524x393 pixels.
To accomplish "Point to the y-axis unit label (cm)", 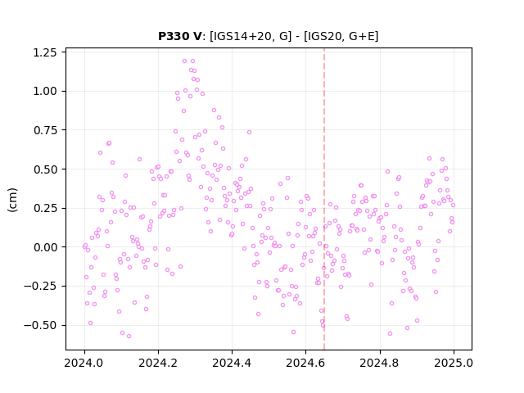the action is tap(12, 200).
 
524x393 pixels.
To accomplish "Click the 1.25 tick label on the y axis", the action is tap(45, 52).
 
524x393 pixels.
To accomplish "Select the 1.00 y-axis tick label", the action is tap(45, 91).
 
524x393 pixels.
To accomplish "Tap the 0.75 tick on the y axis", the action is tap(45, 130).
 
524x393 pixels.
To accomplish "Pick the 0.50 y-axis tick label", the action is tap(45, 169).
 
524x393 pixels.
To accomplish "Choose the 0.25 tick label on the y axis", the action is tap(45, 208).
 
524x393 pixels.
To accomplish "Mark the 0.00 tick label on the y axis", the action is tap(45, 247).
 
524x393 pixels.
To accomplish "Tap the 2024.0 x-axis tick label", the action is tap(84, 363).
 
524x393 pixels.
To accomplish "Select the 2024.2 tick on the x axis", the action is tap(158, 363).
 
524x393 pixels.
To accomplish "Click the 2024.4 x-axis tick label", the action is tap(232, 363).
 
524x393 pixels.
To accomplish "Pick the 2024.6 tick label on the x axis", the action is tap(305, 363).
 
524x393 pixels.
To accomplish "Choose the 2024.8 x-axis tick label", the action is tap(380, 363).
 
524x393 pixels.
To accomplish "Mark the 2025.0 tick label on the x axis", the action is tap(454, 363).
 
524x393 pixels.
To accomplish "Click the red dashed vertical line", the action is tap(324, 199).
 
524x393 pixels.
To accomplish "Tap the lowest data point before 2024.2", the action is tap(129, 337).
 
